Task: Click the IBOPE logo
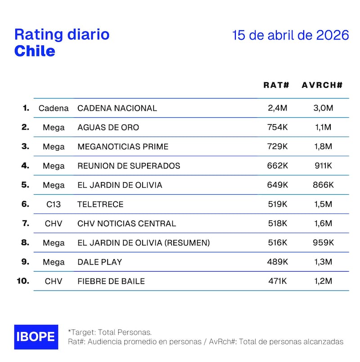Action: coord(36,337)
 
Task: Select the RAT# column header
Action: coord(276,85)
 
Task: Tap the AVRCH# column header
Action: coord(322,85)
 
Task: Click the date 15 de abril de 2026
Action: coord(291,36)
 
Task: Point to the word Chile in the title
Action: coord(35,51)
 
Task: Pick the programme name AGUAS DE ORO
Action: coord(108,127)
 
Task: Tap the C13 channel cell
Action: coord(54,204)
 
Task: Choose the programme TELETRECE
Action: coord(100,204)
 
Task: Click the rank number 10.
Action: coord(22,281)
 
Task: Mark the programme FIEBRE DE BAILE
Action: coord(111,282)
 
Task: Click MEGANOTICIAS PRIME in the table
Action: coord(123,147)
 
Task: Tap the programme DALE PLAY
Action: coord(99,262)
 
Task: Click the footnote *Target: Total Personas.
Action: coord(110,332)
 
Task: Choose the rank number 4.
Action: coord(25,165)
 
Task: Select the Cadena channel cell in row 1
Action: coord(54,108)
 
